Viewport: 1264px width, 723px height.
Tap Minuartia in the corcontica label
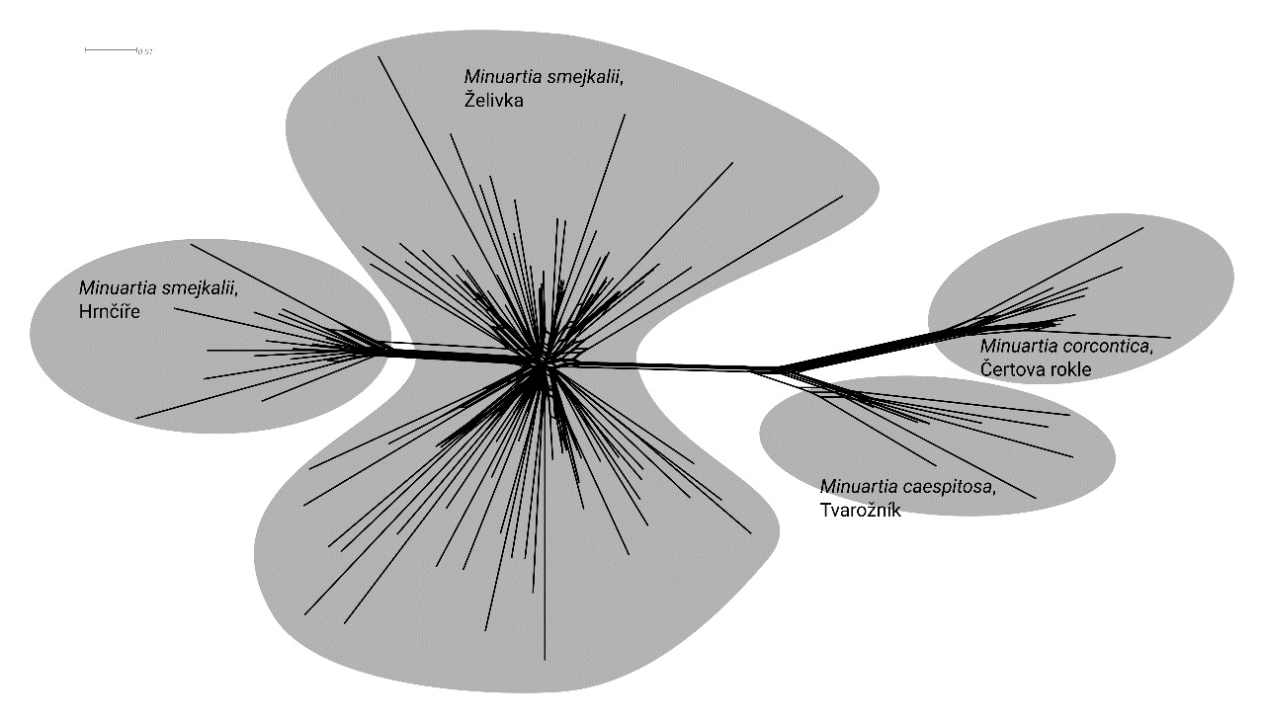click(x=1016, y=347)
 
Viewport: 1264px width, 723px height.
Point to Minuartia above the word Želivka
click(x=498, y=76)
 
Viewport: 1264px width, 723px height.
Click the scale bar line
click(x=110, y=48)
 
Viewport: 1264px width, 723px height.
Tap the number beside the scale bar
click(x=144, y=51)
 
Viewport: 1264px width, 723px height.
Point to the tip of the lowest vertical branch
click(x=546, y=660)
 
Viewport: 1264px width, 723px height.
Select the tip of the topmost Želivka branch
click(x=379, y=55)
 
